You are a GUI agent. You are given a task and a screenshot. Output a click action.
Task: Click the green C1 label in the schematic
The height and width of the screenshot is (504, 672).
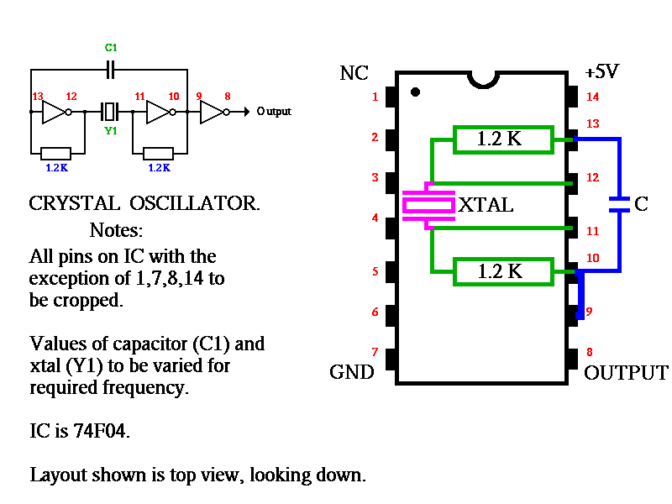(x=111, y=49)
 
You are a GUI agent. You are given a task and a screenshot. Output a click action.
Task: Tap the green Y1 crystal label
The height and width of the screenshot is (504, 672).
(x=111, y=131)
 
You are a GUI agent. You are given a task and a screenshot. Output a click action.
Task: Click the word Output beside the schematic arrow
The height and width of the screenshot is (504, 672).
(x=274, y=112)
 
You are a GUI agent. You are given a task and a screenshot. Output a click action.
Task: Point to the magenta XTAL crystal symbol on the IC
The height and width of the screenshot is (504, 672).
(x=428, y=204)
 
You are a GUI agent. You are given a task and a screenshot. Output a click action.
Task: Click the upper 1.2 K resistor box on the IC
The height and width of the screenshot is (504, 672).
(x=502, y=139)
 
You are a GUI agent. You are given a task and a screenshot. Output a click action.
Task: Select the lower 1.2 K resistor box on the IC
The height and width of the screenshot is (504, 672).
(x=502, y=271)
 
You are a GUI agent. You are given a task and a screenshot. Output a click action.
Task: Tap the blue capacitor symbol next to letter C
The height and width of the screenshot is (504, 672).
(x=619, y=204)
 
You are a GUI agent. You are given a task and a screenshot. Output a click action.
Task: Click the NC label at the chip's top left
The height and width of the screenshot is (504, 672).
(x=354, y=74)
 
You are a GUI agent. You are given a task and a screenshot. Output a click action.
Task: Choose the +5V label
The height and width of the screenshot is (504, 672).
(x=601, y=72)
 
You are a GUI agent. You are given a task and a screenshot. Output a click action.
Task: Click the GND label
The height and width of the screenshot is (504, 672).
(x=351, y=371)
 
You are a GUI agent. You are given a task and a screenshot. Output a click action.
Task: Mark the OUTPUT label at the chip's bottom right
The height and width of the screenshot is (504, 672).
(x=626, y=373)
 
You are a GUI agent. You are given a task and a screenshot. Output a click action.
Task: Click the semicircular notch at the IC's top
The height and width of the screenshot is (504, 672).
(x=484, y=78)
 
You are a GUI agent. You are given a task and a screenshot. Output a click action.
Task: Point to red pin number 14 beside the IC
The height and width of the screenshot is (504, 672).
(x=593, y=97)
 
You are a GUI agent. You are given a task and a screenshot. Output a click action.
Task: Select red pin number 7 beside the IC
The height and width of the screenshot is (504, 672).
(x=375, y=351)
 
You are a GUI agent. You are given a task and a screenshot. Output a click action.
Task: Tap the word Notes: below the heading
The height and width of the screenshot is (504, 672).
(x=117, y=230)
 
